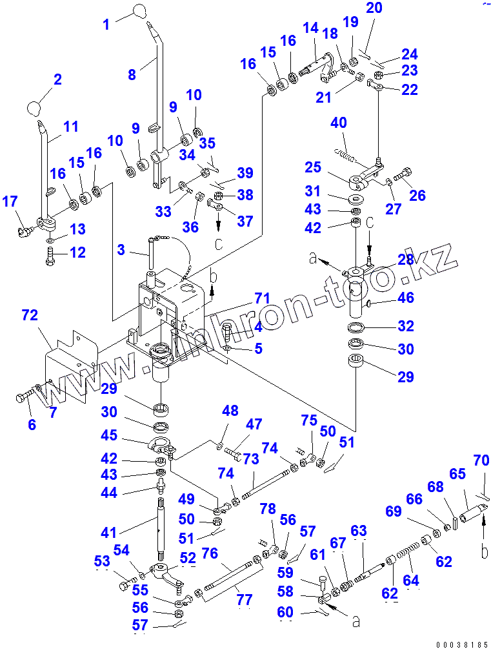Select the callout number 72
click(x=30, y=316)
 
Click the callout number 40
click(x=339, y=123)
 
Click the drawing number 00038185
click(x=461, y=644)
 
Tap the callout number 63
click(x=358, y=531)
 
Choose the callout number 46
click(x=405, y=298)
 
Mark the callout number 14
click(x=310, y=28)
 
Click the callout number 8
click(x=132, y=74)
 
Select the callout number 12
click(x=77, y=252)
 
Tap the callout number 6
click(x=32, y=424)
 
